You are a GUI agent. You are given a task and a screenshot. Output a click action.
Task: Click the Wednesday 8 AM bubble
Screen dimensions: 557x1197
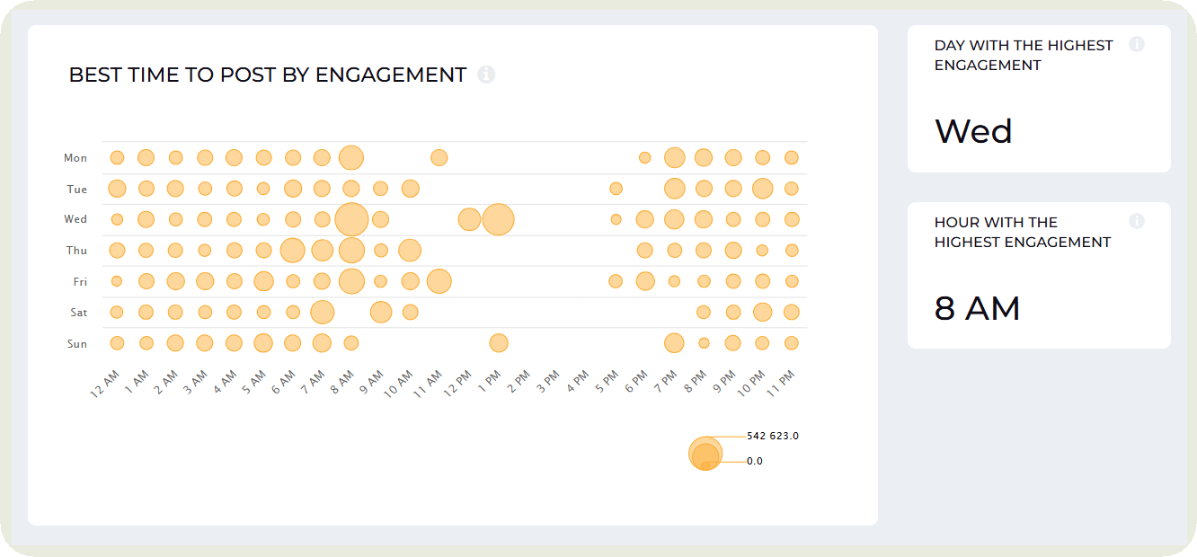click(x=351, y=219)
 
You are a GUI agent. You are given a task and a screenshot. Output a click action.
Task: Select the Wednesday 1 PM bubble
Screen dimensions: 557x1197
click(x=498, y=219)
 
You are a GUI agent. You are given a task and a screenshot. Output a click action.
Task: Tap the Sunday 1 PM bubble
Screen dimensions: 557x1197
click(x=499, y=343)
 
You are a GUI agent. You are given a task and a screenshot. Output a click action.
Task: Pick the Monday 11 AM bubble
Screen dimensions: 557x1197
click(x=439, y=158)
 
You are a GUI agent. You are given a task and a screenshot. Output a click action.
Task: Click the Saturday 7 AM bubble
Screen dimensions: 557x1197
click(x=322, y=313)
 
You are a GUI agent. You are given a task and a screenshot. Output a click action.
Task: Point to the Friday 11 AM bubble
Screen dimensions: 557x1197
click(x=439, y=281)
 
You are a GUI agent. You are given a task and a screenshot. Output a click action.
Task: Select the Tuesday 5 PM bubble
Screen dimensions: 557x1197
click(x=616, y=189)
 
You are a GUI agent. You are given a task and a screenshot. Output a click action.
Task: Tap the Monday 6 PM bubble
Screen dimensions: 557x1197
click(x=644, y=158)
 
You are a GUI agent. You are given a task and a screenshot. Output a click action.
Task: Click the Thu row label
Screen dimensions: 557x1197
click(x=76, y=251)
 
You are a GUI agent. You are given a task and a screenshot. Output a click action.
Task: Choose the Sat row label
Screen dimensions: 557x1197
click(x=79, y=313)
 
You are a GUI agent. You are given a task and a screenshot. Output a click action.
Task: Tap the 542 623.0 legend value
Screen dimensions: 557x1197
click(x=773, y=436)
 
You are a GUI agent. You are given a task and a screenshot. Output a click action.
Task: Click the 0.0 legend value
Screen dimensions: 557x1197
click(x=755, y=461)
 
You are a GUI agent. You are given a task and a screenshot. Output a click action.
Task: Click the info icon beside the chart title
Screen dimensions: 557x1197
click(x=486, y=75)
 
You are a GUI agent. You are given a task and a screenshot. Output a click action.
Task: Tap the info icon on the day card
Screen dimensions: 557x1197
click(x=1137, y=44)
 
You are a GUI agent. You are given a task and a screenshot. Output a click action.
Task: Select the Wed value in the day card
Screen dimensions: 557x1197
click(x=973, y=132)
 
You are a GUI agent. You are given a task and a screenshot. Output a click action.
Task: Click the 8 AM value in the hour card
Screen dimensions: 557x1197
click(x=977, y=309)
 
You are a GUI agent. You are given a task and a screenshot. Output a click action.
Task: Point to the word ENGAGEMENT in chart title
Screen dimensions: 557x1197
click(x=391, y=75)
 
